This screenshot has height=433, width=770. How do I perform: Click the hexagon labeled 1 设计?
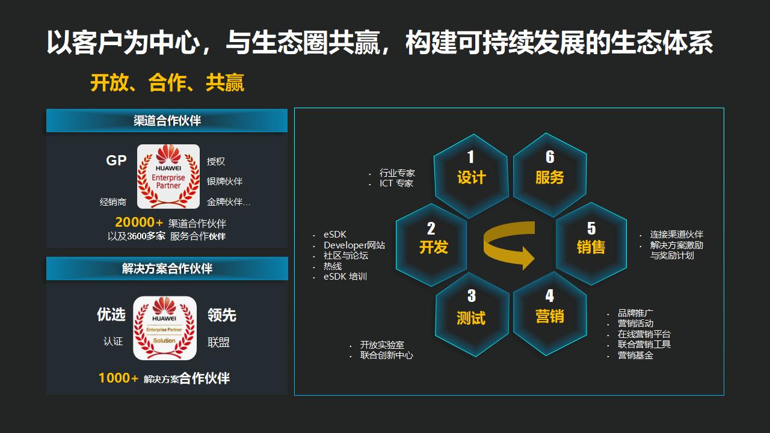470,175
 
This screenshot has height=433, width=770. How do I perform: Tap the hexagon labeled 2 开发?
432,244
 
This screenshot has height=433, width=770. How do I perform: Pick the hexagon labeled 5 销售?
591,244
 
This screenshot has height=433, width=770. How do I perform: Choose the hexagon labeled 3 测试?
472,314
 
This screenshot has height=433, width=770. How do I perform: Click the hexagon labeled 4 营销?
549,313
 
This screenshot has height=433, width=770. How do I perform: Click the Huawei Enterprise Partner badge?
168,176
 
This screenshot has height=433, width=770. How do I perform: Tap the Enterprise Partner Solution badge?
164,328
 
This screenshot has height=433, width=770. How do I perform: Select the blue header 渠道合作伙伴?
167,121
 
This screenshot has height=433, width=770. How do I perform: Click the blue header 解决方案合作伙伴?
167,269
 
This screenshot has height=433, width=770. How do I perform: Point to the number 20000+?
139,223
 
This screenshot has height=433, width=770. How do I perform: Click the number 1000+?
119,378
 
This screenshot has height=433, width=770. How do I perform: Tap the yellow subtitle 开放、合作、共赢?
167,83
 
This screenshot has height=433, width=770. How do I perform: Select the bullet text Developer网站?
354,245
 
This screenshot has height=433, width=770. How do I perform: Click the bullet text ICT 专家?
396,183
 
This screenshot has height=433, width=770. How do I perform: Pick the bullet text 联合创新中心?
386,355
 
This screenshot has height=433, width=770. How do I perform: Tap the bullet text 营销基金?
635,355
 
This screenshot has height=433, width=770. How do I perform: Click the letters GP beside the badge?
116,161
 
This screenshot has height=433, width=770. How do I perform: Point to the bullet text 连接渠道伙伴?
676,235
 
